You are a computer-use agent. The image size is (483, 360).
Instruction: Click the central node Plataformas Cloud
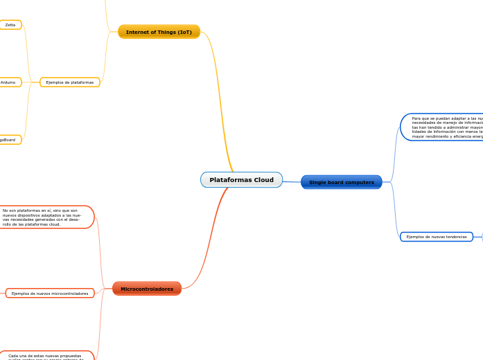click(241, 180)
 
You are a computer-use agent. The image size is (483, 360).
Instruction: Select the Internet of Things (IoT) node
click(159, 32)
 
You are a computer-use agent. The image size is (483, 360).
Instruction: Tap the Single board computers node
click(341, 182)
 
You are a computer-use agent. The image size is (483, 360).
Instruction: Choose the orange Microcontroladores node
click(147, 289)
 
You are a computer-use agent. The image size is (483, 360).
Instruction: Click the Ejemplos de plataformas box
click(70, 82)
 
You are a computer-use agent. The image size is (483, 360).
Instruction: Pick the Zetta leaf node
click(10, 25)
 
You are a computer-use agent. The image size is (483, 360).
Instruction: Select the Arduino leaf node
click(9, 82)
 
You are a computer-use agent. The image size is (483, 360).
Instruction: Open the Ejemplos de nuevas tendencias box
click(436, 237)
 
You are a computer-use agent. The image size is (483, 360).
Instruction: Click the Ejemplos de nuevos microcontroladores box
click(50, 294)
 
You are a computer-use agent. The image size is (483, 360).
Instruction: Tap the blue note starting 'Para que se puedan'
click(444, 127)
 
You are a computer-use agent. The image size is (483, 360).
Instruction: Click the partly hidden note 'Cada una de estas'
click(45, 356)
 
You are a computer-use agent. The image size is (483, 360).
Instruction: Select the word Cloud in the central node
click(263, 180)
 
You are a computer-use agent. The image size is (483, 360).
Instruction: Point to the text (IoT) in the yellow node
click(184, 32)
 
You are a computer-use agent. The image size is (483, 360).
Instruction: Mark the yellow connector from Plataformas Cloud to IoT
click(222, 104)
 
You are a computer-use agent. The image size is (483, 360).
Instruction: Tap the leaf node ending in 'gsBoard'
click(8, 140)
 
